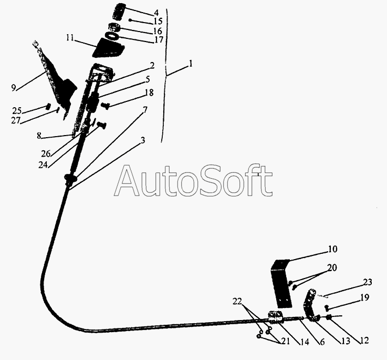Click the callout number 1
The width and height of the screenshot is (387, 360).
190,64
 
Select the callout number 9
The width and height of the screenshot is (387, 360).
14,87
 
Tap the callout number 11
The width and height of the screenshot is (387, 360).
70,38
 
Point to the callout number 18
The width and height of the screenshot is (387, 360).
149,92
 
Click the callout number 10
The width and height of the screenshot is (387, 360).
332,249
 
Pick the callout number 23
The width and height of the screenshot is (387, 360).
368,282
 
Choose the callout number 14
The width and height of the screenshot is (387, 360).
305,342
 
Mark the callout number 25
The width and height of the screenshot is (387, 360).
17,110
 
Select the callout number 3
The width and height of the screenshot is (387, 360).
143,140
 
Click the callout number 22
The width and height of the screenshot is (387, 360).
237,301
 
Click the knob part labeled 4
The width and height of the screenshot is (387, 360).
119,12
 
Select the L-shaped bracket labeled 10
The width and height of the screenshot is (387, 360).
281,284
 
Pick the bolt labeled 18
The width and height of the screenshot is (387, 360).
105,106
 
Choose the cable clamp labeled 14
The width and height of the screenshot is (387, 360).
276,317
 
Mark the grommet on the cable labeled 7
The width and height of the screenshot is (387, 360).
70,178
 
